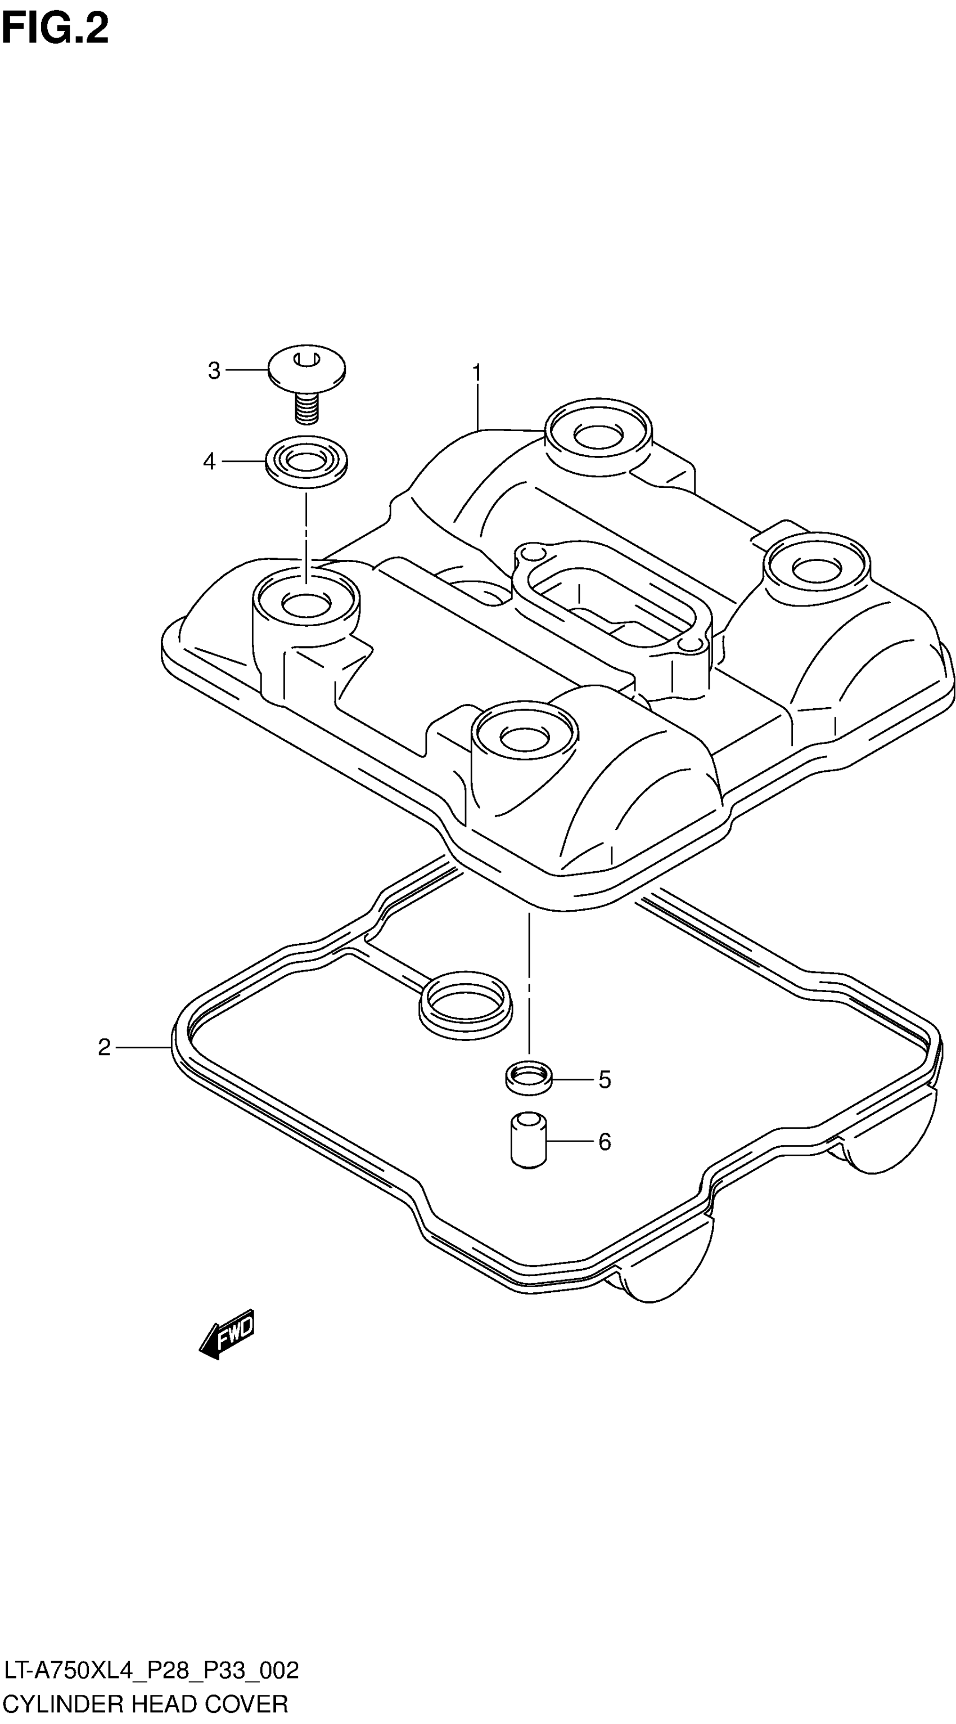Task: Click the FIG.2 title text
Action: (55, 29)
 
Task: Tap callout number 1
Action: (477, 373)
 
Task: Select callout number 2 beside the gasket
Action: (104, 1047)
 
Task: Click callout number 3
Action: (214, 371)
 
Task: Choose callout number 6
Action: (605, 1142)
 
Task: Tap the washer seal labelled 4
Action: (306, 462)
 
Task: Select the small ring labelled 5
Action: (529, 1078)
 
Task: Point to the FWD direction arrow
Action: (228, 1333)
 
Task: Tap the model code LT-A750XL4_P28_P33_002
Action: (151, 1671)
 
